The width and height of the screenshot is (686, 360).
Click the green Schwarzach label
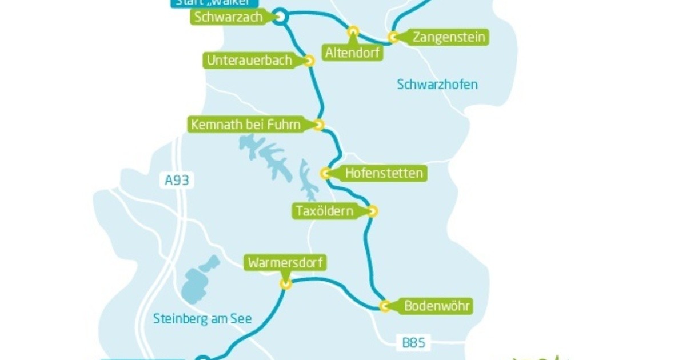[228, 17]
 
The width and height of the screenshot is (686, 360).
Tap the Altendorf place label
[353, 53]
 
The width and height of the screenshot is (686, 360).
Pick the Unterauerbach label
[249, 60]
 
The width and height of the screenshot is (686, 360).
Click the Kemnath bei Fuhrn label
[246, 124]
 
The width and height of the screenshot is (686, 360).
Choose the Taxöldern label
[324, 211]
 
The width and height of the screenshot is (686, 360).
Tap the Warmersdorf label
[286, 263]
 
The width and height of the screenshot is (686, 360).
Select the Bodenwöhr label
[437, 306]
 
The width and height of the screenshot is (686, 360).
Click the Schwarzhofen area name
[437, 85]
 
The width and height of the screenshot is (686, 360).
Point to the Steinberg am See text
[202, 319]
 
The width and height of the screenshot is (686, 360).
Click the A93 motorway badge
[176, 181]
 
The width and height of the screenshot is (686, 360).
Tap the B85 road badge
[413, 343]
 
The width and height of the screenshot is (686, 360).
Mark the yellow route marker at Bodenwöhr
[385, 306]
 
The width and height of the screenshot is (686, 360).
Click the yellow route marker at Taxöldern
[373, 211]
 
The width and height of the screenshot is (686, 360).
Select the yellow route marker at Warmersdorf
[286, 283]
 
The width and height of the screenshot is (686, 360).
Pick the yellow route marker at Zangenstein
[393, 37]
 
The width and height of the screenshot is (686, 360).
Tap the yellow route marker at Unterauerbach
[309, 61]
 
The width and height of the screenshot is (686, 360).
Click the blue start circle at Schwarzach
[280, 17]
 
